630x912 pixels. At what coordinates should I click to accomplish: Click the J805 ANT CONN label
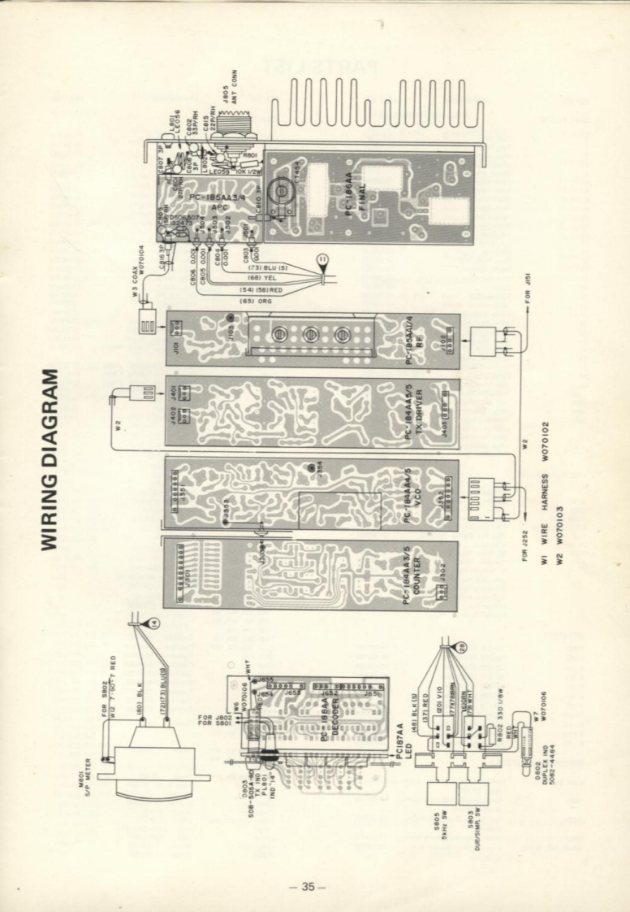(235, 91)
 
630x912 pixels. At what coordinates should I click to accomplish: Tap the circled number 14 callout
(154, 623)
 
